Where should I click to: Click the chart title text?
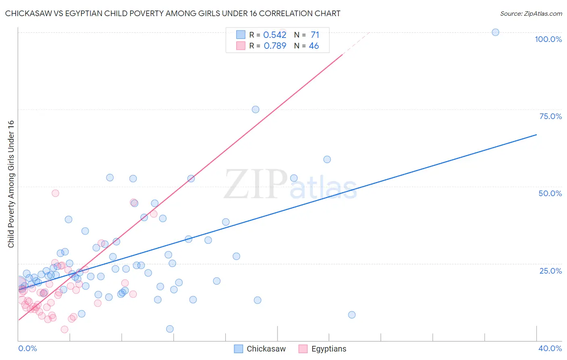(173, 14)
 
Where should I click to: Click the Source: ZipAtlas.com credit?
(531, 14)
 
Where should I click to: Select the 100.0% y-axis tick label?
(548, 39)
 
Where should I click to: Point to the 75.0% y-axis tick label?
(550, 116)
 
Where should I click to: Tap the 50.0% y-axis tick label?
(550, 193)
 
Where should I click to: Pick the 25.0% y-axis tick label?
(550, 271)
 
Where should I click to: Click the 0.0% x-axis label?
(27, 348)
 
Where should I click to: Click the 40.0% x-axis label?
(550, 348)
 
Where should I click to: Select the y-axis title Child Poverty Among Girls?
(11, 184)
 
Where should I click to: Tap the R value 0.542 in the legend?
(275, 35)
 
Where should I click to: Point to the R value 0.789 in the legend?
(275, 46)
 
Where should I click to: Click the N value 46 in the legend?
(314, 46)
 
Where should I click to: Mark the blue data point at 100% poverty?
(496, 32)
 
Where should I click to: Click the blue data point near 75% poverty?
(255, 109)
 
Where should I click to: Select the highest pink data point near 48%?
(55, 193)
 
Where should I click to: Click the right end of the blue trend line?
(536, 134)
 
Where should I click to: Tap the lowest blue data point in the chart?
(170, 329)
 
